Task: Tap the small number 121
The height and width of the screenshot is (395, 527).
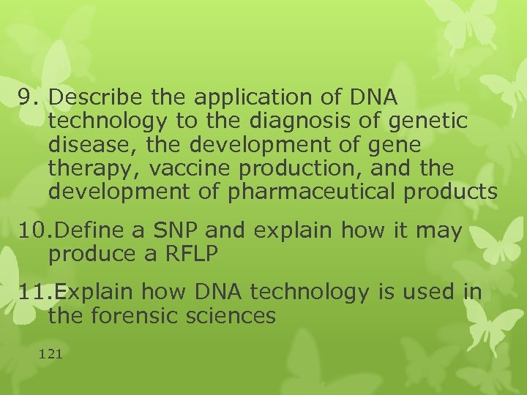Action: click(x=51, y=354)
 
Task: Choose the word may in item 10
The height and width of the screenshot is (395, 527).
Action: click(x=440, y=231)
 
